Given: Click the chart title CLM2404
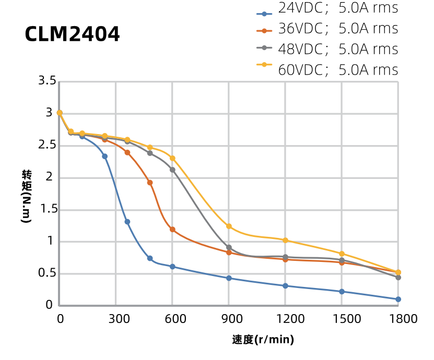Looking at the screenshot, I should point(72,35).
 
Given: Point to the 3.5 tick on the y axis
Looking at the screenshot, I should point(47,81).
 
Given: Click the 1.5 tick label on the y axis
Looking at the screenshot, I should point(47,209).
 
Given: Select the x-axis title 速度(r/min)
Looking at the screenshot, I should point(263,340).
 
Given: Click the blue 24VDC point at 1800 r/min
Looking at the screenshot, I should point(398,299).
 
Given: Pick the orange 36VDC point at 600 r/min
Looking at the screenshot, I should point(172,230).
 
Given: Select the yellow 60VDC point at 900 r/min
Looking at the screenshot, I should point(229,226).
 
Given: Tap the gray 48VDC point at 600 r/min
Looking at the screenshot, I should point(172,170).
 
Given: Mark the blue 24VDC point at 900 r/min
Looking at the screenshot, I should point(229,278).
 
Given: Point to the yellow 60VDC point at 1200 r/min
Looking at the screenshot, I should point(285,241).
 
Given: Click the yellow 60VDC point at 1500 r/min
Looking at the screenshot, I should point(342,254).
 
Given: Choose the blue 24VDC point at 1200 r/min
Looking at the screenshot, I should point(285,286).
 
